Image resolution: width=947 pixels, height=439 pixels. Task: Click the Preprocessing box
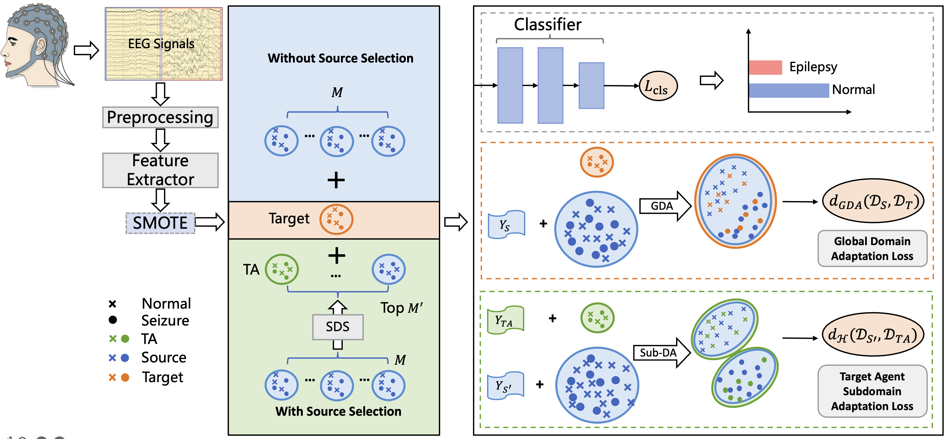(160, 118)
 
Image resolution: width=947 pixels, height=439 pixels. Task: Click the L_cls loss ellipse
(658, 86)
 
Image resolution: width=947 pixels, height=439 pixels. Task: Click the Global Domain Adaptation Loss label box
(872, 249)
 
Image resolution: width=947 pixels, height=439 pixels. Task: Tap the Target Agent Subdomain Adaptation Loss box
(872, 391)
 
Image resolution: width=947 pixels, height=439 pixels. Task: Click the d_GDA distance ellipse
(873, 201)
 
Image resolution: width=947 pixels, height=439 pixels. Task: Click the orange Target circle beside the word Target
(336, 219)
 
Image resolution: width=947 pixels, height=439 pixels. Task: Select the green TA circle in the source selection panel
(281, 269)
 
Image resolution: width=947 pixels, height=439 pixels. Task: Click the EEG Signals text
(161, 44)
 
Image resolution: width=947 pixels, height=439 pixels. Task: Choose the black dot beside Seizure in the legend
(113, 320)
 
